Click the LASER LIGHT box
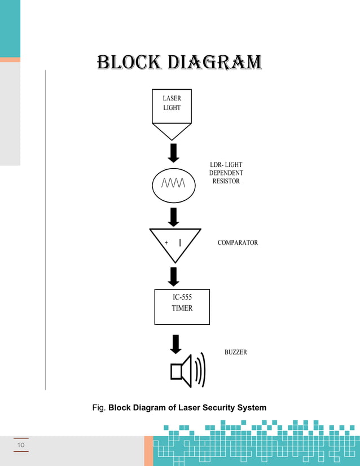point(172,106)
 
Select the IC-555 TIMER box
point(182,306)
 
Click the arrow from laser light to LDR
point(174,153)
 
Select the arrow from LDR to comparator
point(174,217)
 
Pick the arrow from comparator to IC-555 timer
point(174,276)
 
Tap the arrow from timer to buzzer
point(175,344)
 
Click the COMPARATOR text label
point(238,243)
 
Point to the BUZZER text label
point(235,352)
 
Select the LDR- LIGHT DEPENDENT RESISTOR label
point(226,173)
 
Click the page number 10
point(21,445)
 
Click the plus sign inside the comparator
point(166,243)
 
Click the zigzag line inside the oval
point(174,183)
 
